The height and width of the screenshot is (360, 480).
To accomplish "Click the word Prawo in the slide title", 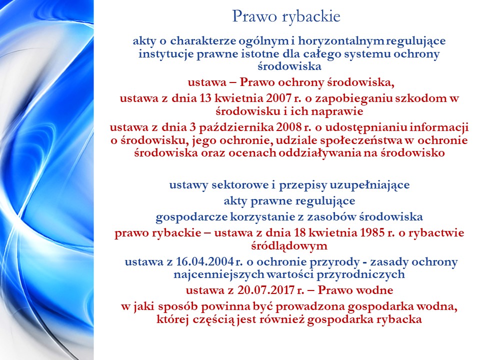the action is pos(254,16).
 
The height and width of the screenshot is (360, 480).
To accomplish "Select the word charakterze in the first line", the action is pos(203,40).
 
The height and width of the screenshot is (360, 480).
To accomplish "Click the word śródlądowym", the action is pos(289,246).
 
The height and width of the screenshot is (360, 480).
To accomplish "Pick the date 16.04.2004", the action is pos(205,262).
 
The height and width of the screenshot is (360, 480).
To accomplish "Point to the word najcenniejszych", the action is pos(219,274).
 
